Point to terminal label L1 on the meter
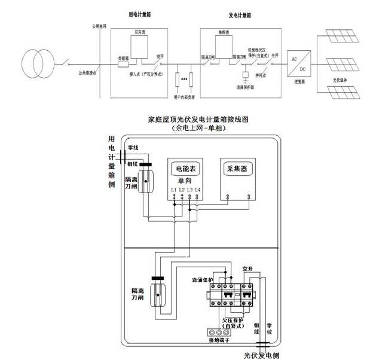(173, 190)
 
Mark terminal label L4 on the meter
(198, 190)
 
